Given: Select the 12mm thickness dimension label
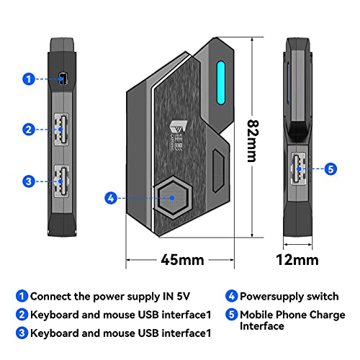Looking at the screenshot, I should pos(297,259).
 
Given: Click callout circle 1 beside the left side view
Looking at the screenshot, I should pos(28,79).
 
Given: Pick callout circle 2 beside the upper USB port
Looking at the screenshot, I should pos(28,130).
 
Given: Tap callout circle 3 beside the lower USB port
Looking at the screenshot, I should pos(28,180).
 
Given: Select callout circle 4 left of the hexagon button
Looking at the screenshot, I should pos(110,197).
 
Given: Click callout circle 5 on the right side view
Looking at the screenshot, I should pos(330,169).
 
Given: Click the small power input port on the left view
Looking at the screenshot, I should pos(63,79).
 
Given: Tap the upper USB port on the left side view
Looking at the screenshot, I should pos(61,130).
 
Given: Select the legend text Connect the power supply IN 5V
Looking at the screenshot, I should pos(112,295).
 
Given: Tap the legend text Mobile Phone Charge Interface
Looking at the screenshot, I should pos(292,320).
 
